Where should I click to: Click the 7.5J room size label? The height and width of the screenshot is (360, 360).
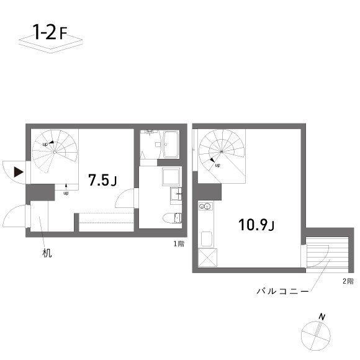click(103, 181)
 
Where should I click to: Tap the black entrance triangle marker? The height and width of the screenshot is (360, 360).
click(19, 171)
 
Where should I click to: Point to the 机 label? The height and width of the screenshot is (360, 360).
click(48, 253)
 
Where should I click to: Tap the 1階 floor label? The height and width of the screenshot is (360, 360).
click(179, 244)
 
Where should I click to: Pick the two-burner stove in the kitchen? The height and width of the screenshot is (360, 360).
click(206, 207)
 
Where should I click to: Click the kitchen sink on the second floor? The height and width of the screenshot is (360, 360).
click(206, 239)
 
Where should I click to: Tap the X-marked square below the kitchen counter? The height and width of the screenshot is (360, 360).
click(206, 258)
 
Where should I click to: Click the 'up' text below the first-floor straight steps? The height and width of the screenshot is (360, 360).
click(66, 193)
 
